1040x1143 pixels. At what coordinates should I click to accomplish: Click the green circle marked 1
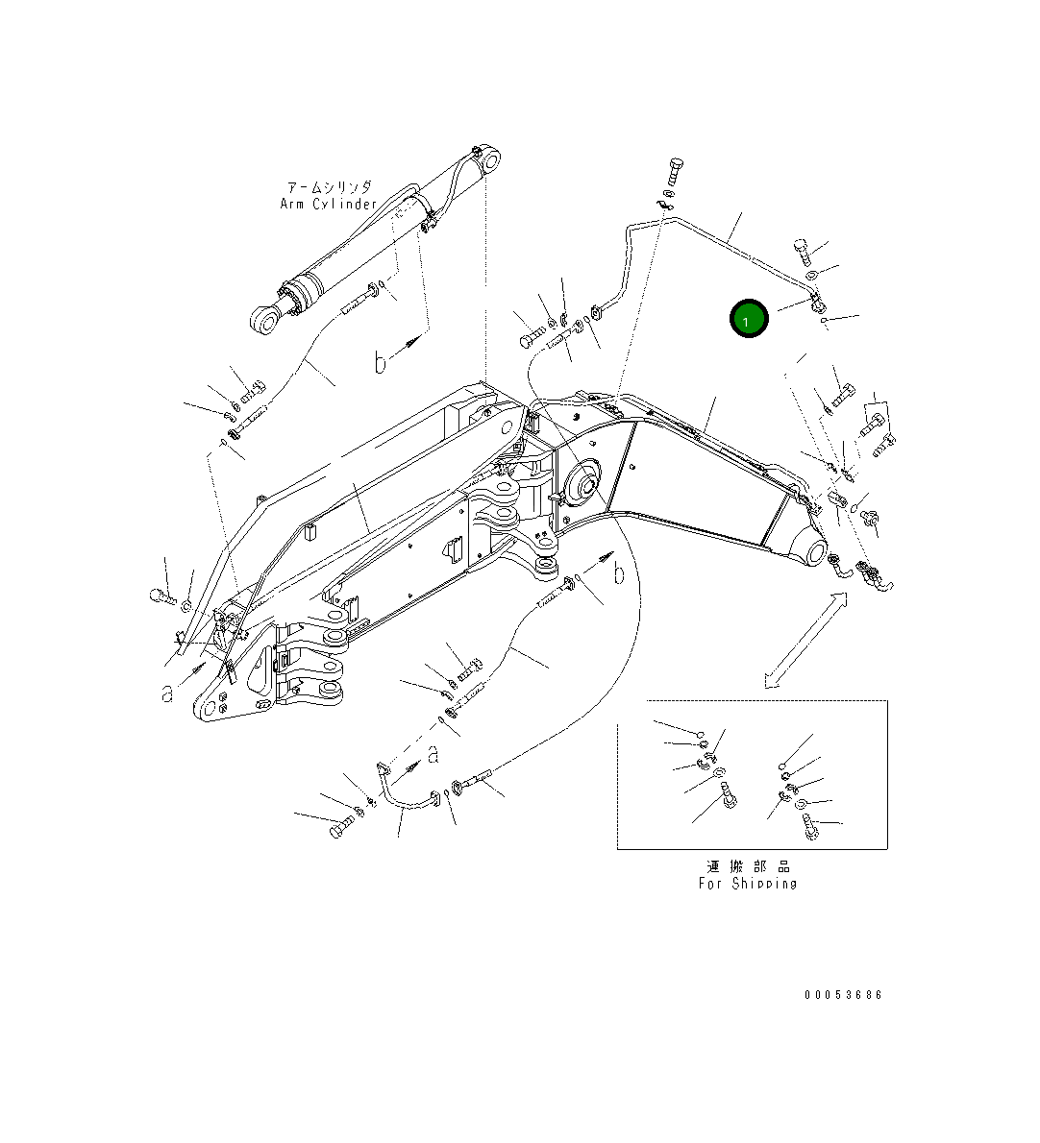click(749, 320)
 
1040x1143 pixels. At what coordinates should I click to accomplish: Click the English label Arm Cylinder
click(328, 204)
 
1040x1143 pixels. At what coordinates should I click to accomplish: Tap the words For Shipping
click(747, 883)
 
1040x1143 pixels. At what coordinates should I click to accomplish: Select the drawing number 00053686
click(843, 995)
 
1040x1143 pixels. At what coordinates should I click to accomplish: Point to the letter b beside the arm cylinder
click(381, 362)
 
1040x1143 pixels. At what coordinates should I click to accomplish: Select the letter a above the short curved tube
click(433, 754)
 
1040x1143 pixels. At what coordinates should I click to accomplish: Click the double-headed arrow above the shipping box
click(805, 640)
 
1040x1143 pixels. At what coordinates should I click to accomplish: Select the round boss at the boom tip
click(808, 554)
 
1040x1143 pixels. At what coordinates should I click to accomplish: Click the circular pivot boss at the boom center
click(583, 481)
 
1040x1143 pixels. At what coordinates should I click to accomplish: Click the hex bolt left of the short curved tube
click(340, 827)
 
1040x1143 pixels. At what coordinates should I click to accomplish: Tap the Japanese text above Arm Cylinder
click(329, 187)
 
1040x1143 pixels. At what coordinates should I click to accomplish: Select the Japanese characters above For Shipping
click(747, 865)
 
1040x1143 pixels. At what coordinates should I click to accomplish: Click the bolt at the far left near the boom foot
click(161, 597)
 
